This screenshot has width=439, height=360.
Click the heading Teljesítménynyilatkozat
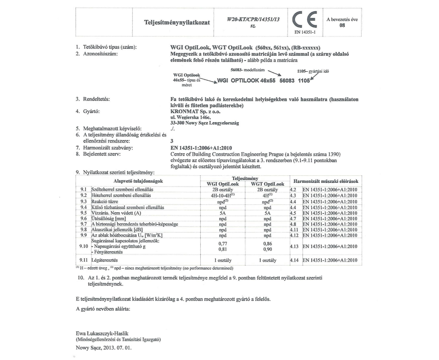pyautogui.click(x=176, y=22)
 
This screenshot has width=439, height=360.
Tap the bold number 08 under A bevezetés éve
pyautogui.click(x=344, y=26)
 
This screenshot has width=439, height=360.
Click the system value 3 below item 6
pyautogui.click(x=172, y=140)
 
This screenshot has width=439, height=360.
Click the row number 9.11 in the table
pyautogui.click(x=84, y=260)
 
